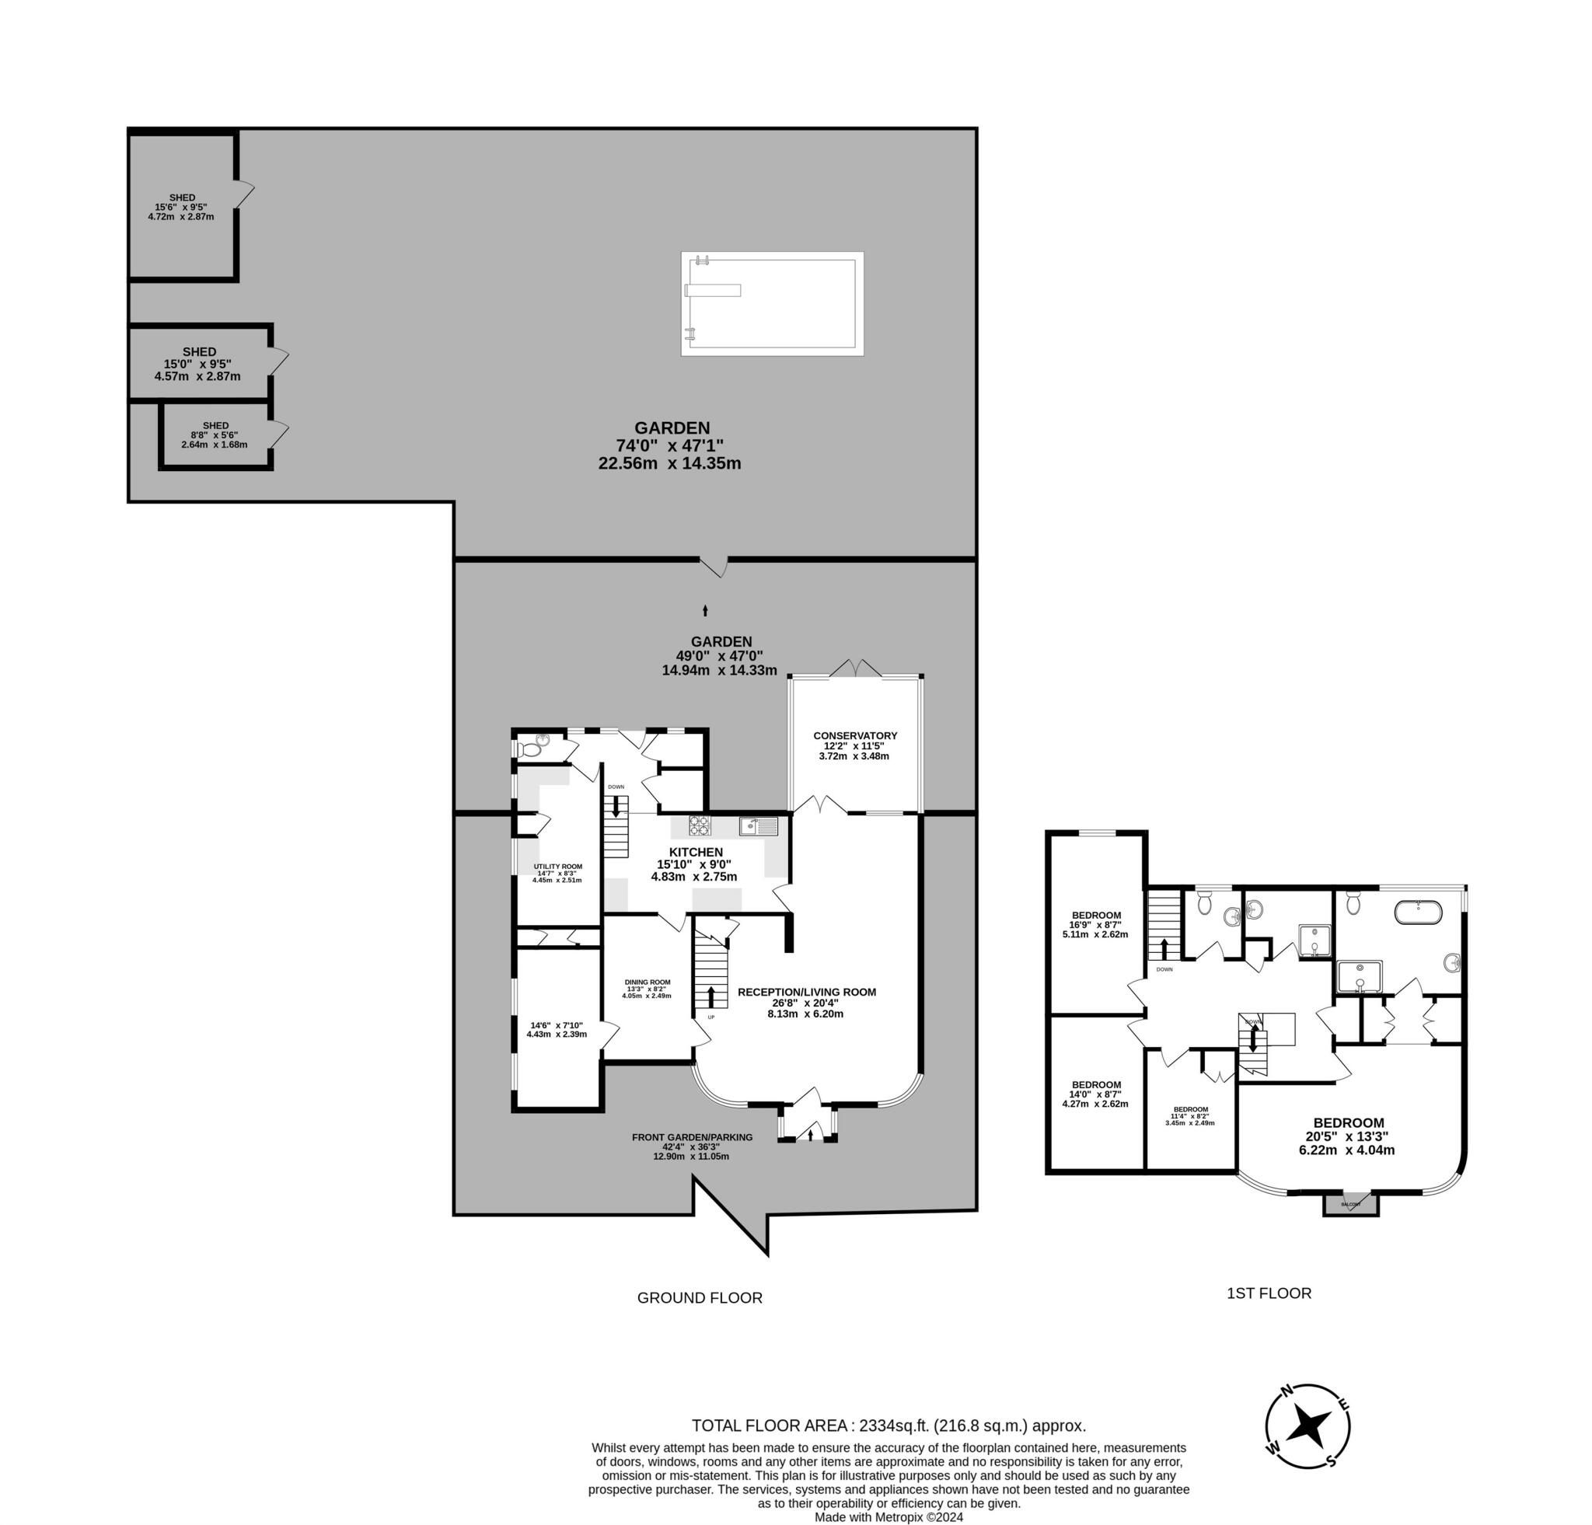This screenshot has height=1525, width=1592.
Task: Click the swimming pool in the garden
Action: pos(772,304)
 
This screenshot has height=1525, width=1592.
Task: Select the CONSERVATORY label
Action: pos(854,736)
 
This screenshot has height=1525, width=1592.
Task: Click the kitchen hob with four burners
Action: pos(700,825)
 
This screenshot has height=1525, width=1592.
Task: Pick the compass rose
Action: pos(1307,1425)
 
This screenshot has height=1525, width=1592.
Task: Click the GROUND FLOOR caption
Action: pos(700,1297)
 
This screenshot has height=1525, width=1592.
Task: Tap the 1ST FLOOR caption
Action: pos(1269,1293)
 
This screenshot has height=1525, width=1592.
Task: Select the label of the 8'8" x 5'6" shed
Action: pos(215,425)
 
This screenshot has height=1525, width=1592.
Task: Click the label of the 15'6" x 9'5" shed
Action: pos(182,198)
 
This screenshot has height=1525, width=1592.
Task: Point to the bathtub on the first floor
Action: pos(1418,912)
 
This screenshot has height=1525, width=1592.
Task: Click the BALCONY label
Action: pos(1351,1204)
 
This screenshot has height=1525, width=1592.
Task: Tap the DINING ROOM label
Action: pos(648,982)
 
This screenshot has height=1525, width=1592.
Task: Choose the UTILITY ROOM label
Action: pos(557,867)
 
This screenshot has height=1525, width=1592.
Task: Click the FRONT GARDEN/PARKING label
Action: pos(692,1137)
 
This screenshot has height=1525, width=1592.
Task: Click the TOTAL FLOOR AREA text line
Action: pos(889,1425)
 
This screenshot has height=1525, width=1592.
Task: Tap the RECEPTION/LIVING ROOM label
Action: pos(807,992)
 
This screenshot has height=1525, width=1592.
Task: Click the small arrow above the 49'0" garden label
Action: pos(705,611)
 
